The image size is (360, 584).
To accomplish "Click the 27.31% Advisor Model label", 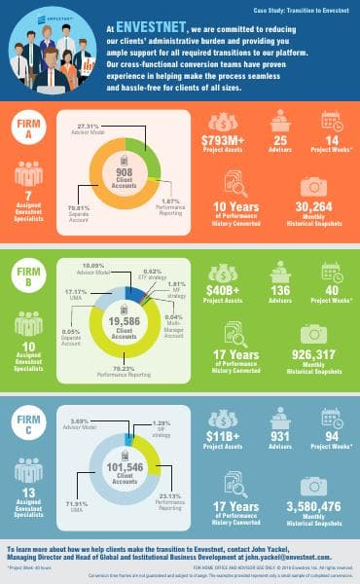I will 89,128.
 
